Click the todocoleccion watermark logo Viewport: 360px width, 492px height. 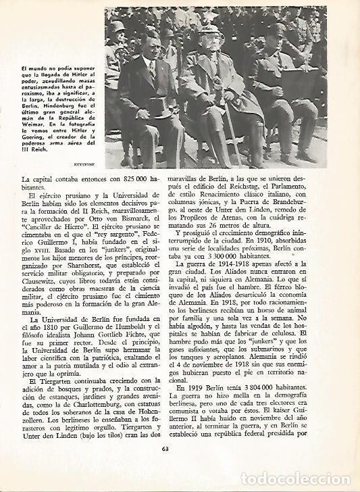(311, 481)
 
